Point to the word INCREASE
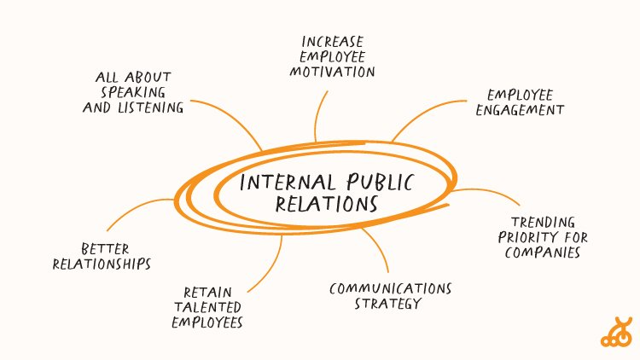tap(334, 41)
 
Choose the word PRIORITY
tap(534, 237)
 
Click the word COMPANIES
tap(544, 253)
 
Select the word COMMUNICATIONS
tap(390, 287)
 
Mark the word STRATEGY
tap(388, 304)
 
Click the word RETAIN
tap(207, 291)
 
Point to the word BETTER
tap(105, 248)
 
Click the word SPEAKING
tap(133, 92)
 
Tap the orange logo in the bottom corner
tap(614, 334)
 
